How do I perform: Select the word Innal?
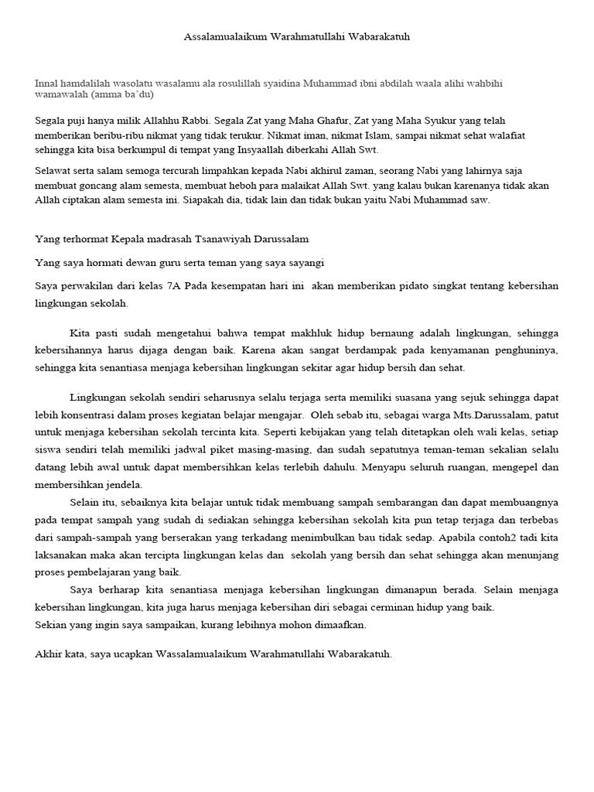tap(47, 83)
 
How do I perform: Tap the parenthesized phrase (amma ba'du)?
tap(122, 94)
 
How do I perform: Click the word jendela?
tap(122, 484)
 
